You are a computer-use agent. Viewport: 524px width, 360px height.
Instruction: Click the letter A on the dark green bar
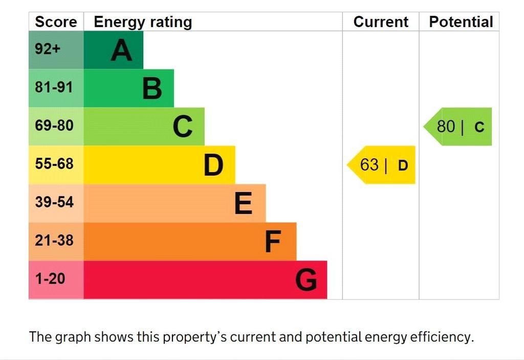[x=121, y=50]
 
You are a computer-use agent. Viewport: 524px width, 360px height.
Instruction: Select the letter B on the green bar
[x=152, y=89]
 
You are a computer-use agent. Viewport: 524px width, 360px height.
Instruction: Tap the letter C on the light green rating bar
[x=183, y=126]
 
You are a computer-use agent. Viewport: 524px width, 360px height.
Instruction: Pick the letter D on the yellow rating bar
[x=213, y=165]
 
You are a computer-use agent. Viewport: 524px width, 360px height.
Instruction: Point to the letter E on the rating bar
[x=244, y=203]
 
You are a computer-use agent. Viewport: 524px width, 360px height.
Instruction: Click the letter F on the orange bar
[x=273, y=242]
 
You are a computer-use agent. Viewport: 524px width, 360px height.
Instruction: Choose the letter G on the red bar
[x=306, y=280]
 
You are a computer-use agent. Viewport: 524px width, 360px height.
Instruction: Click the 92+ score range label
[x=48, y=49]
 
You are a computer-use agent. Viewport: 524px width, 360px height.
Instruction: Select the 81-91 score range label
[x=54, y=88]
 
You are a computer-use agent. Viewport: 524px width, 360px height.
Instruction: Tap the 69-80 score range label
[x=54, y=126]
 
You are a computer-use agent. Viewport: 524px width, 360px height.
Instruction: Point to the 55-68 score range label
[x=54, y=164]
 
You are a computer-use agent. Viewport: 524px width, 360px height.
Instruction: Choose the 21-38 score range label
[x=54, y=241]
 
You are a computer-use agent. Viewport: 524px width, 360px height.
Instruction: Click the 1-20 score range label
[x=50, y=279]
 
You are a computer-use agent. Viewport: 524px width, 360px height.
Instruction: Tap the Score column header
[x=56, y=22]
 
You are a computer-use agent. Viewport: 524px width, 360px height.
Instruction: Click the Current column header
[x=381, y=22]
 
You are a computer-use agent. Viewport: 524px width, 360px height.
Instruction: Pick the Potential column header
[x=461, y=22]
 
